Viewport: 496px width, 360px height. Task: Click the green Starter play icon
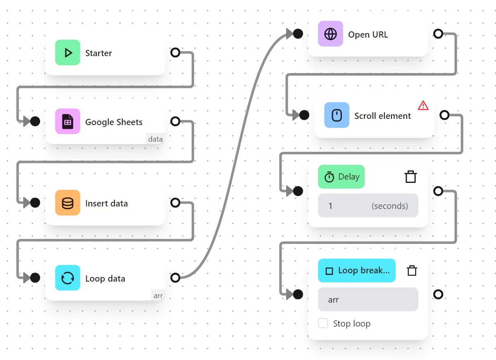coord(68,53)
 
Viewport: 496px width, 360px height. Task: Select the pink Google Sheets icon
coord(68,122)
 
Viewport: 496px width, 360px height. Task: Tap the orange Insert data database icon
coord(68,203)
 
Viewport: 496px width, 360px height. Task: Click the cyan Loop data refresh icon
coord(68,278)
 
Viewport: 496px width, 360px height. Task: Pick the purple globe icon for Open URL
coord(330,34)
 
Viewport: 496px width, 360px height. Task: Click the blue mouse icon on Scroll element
coord(337,116)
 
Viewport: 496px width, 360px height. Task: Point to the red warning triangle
coord(423,106)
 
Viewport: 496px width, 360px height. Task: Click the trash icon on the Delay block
coord(410,177)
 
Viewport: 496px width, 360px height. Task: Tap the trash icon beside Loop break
coord(412,270)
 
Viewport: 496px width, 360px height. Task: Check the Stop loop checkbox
coord(323,323)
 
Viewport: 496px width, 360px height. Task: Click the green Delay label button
coord(341,177)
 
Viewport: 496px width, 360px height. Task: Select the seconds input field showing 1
coord(368,206)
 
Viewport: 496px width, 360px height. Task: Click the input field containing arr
coord(368,299)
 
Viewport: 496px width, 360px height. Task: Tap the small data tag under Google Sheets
coord(155,139)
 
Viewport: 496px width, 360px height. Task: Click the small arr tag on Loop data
coord(158,296)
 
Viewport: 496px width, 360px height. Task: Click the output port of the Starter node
coord(176,53)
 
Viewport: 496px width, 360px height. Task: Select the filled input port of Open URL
coord(298,34)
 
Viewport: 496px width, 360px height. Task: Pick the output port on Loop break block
coord(438,294)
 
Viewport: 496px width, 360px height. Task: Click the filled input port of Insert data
coord(35,203)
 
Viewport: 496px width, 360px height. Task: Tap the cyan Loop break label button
coord(357,270)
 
